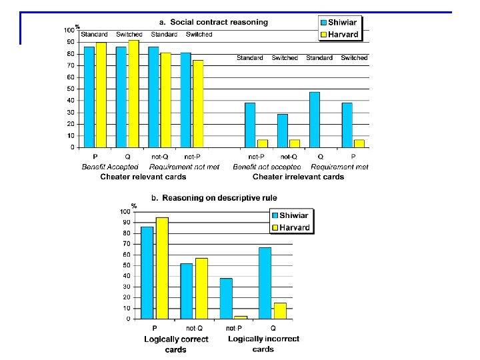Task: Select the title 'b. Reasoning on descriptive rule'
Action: [214, 197]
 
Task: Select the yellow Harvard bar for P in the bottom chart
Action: [162, 268]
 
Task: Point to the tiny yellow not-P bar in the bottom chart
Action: [241, 317]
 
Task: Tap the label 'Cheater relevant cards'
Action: [143, 177]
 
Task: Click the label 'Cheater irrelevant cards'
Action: [298, 177]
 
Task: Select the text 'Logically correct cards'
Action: [176, 344]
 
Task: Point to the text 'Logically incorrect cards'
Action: [263, 343]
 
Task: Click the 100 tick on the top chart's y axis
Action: [69, 30]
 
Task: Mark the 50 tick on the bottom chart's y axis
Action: [125, 265]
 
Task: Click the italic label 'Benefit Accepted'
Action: [110, 167]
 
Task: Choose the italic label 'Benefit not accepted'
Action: [267, 167]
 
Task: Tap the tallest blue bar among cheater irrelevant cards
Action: [314, 119]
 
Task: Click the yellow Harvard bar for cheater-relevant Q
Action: [133, 93]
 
